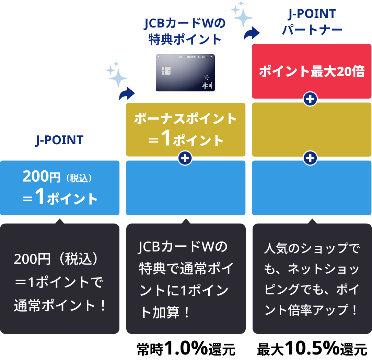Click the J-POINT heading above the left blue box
coord(59,140)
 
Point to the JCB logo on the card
coord(207,86)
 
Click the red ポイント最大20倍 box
coord(312,71)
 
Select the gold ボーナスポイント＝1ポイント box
coord(186,130)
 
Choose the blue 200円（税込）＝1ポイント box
coord(60,188)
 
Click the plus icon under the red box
coord(311,99)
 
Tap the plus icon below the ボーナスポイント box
coord(185,158)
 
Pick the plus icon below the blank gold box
coord(311,158)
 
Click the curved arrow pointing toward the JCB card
coord(127,93)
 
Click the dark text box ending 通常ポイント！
coord(60,278)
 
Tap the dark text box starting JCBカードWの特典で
coord(186,278)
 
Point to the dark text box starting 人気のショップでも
coord(312,278)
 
